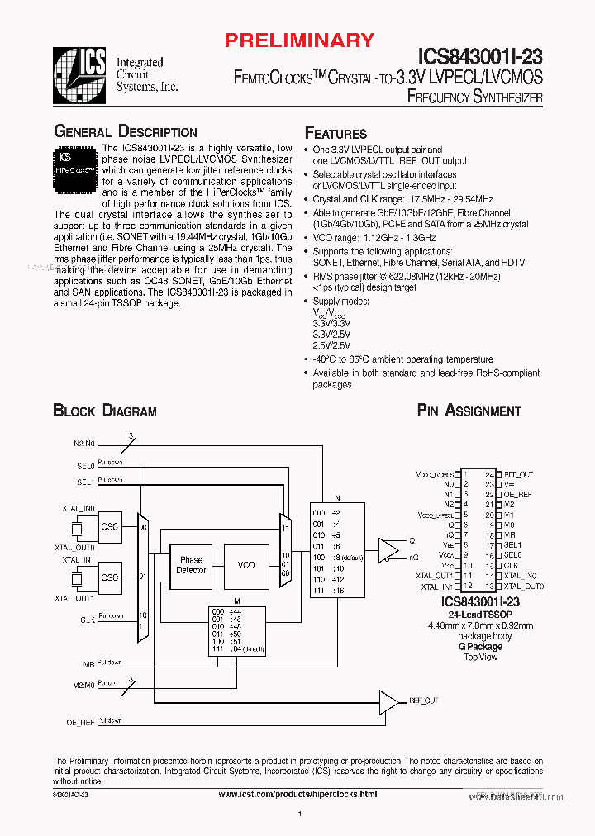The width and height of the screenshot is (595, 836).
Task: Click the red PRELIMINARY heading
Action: click(x=299, y=40)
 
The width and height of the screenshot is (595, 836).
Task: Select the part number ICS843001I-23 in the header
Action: click(x=480, y=56)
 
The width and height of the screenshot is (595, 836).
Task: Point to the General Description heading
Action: click(x=126, y=132)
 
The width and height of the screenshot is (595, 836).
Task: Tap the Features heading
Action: click(x=336, y=134)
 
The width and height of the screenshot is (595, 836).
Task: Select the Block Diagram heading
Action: click(x=105, y=411)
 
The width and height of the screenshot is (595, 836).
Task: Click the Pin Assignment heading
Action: click(x=469, y=411)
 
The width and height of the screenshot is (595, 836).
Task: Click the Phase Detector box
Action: click(x=191, y=565)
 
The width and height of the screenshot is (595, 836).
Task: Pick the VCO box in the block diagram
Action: click(x=245, y=565)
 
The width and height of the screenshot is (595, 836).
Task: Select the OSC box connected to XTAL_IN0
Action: click(x=109, y=526)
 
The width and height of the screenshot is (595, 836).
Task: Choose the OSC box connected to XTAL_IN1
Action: click(x=109, y=577)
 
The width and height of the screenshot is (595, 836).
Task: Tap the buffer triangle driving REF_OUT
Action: click(x=388, y=701)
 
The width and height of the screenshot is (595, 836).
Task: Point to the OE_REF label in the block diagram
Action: click(x=80, y=722)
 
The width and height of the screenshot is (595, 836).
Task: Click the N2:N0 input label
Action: click(x=83, y=443)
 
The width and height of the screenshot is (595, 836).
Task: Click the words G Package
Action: click(x=480, y=647)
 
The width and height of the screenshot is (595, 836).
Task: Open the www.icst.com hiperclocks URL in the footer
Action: click(x=297, y=794)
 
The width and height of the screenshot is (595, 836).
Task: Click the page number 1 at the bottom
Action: click(x=299, y=816)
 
